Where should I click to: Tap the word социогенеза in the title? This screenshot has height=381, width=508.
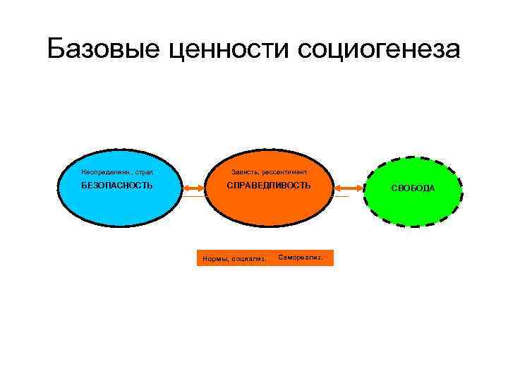click(x=379, y=49)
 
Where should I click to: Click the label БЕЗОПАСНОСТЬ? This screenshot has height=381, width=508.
click(x=117, y=186)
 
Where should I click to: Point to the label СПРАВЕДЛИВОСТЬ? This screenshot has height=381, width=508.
click(x=268, y=186)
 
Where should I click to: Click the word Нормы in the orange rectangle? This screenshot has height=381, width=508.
click(x=214, y=258)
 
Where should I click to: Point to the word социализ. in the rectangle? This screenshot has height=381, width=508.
click(x=248, y=258)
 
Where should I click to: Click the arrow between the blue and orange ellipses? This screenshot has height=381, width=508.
click(x=193, y=188)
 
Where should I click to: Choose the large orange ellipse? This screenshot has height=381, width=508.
click(x=268, y=212)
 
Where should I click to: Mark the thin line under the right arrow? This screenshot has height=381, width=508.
click(x=342, y=196)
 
